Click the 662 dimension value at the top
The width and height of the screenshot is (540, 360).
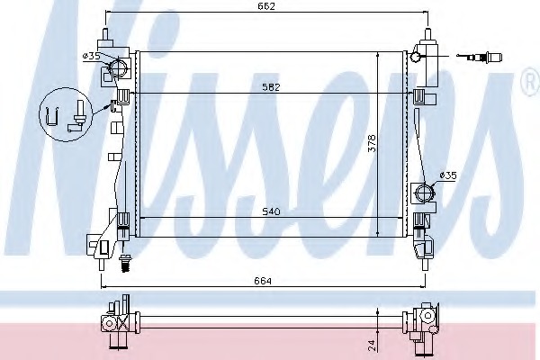266,6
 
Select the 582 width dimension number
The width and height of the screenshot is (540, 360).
272,86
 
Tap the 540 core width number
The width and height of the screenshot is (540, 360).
272,211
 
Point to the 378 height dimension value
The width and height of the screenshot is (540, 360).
372,143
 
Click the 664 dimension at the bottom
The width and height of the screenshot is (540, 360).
263,281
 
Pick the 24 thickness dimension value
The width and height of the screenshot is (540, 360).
372,346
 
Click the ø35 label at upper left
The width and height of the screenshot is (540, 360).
92,56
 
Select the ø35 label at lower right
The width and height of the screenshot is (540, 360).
448,175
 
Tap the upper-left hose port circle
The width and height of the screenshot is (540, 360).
119,67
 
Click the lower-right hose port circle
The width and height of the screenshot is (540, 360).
425,193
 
